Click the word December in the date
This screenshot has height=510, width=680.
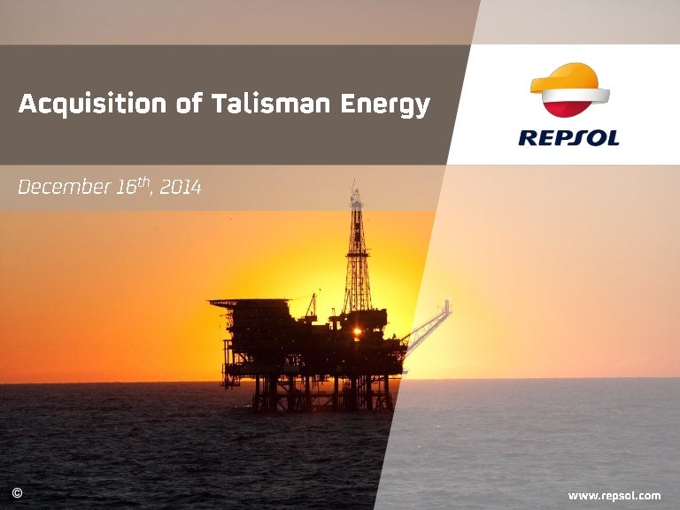coord(58,188)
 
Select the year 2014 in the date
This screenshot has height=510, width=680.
coord(181,188)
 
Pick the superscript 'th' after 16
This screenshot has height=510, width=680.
coord(146,182)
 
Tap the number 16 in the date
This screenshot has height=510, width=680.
coord(126,188)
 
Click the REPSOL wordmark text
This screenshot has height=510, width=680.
coord(568,138)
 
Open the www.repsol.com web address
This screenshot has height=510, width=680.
coord(614,495)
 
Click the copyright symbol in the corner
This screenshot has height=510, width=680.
coord(17,492)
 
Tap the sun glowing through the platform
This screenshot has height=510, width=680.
coord(357,333)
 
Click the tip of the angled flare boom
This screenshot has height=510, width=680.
coord(447,305)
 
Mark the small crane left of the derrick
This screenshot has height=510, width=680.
coord(311,306)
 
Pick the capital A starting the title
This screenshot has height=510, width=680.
coord(27,104)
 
